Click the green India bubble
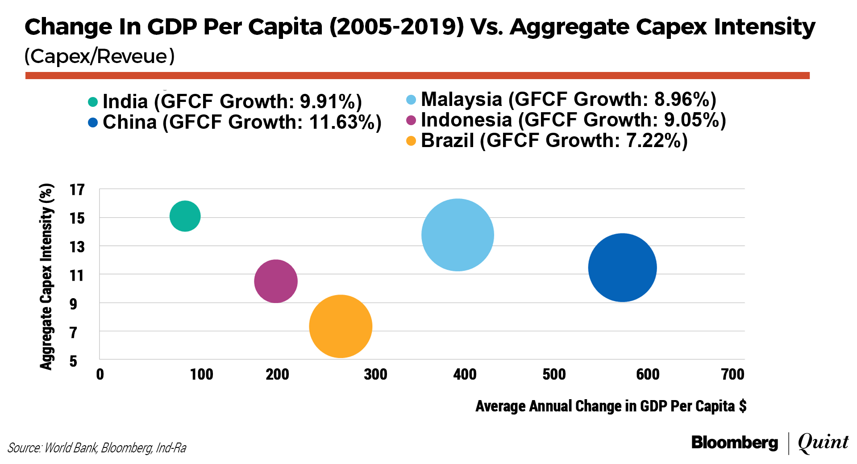(185, 216)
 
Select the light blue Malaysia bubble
(458, 235)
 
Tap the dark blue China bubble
(622, 267)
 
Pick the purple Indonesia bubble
(276, 281)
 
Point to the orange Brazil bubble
(341, 326)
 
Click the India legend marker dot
(93, 102)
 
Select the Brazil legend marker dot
(411, 141)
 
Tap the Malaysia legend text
(568, 99)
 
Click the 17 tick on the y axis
(77, 190)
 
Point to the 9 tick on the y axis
(73, 304)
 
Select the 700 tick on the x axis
(732, 374)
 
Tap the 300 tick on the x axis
(375, 374)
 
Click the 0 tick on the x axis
(100, 374)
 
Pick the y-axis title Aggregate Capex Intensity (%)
(46, 276)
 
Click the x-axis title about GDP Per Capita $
(611, 406)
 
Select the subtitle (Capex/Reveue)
(100, 56)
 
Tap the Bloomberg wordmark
(734, 443)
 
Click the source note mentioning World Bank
(97, 447)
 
